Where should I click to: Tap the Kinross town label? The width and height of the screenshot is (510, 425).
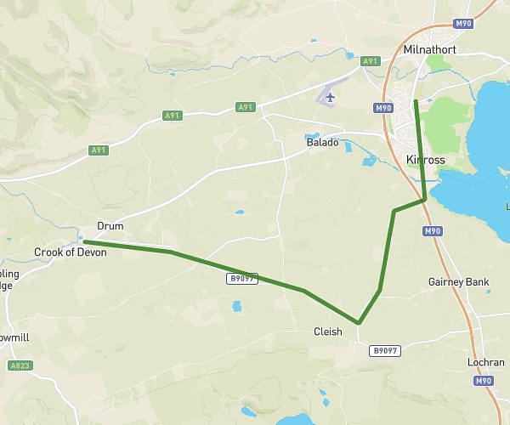point(426,160)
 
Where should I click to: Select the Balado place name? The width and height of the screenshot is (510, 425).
point(322,143)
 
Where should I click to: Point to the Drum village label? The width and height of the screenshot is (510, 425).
point(110,226)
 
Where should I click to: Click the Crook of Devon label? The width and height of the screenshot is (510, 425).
point(67,252)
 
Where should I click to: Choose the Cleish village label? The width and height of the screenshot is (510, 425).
point(328,332)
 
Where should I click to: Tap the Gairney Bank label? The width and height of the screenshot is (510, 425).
point(459,281)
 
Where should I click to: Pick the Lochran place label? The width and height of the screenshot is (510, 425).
point(485,362)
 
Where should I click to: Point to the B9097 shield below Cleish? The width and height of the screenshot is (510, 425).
point(385,350)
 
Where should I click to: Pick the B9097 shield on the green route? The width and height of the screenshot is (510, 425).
point(241,278)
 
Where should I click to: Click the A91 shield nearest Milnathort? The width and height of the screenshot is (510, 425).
point(370,61)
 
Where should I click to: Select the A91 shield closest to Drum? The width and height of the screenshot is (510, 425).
point(99,150)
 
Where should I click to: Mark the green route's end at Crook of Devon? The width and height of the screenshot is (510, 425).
point(84,242)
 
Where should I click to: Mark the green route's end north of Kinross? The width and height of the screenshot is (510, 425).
point(416,101)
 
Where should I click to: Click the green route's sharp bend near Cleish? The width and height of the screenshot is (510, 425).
point(360,323)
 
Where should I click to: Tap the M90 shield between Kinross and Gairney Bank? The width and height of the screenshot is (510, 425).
point(433,230)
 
